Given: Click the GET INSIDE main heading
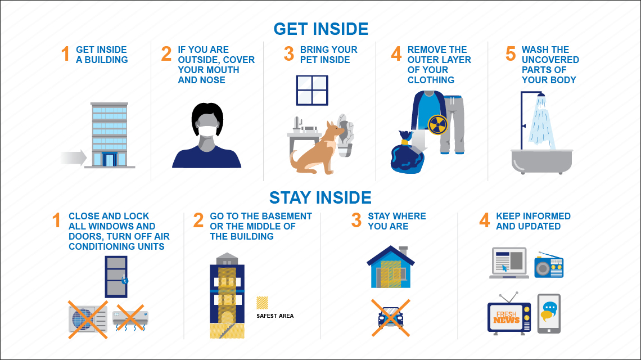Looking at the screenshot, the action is (321, 29).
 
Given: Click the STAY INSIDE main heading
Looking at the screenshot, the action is (320, 197).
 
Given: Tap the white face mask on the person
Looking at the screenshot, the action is (207, 131).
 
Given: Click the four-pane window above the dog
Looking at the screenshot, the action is (312, 91).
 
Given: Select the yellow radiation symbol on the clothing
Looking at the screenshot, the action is (438, 125).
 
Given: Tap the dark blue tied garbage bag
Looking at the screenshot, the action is (407, 152).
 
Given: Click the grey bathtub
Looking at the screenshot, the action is (541, 161).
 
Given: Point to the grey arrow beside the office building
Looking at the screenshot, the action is (74, 157).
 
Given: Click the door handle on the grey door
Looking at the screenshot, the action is (125, 280).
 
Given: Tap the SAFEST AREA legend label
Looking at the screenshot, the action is (275, 316).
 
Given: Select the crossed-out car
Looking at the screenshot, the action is (390, 318).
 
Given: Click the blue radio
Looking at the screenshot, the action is (549, 265).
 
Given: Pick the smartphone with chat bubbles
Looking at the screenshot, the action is (549, 314).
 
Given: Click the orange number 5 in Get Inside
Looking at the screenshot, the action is (511, 53).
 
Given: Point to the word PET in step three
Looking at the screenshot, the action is (309, 60).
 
